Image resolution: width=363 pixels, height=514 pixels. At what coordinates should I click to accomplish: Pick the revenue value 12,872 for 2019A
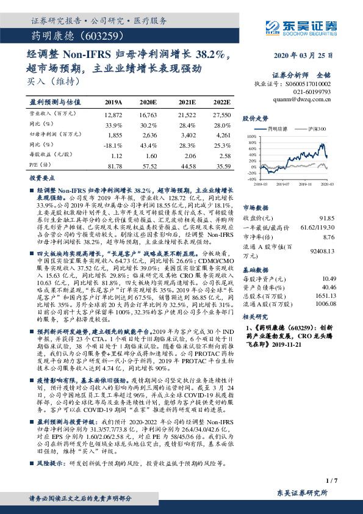[x=114, y=114]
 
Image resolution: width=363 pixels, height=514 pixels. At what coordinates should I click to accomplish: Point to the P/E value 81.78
[x=114, y=166]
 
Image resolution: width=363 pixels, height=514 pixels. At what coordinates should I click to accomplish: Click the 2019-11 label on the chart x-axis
[x=307, y=183]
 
